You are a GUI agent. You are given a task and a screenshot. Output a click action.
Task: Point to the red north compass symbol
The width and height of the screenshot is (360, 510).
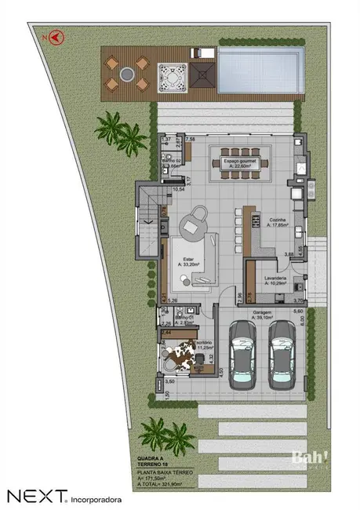tap(56, 35)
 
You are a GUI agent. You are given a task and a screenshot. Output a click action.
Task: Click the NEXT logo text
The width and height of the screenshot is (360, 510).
tap(35, 496)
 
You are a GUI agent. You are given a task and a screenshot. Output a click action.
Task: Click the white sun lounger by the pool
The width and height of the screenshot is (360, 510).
tap(203, 53)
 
